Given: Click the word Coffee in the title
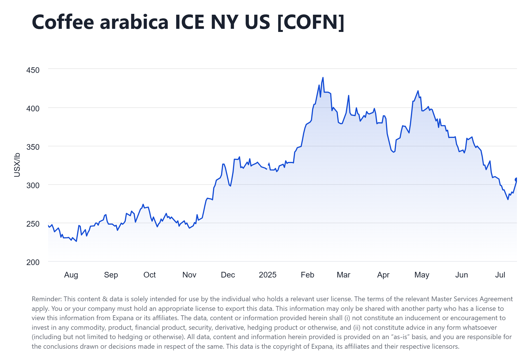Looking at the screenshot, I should [x=63, y=22].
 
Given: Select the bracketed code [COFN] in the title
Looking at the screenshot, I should [x=311, y=22].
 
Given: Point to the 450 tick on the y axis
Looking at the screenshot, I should [x=33, y=70].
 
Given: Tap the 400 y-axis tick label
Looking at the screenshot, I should [x=33, y=109].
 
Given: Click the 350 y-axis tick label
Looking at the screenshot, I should [x=33, y=147].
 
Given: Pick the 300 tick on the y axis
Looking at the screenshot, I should [x=33, y=185].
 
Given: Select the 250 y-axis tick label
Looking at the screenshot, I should [x=33, y=224].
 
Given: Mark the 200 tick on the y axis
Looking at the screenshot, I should [x=33, y=262].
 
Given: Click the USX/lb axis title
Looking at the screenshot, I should [x=17, y=165].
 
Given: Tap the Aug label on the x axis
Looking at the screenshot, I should [x=71, y=275].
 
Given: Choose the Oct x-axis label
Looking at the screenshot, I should [x=150, y=275].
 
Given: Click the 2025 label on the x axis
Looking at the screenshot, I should [x=268, y=275].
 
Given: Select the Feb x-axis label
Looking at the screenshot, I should [x=307, y=275].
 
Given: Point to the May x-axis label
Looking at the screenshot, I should [x=422, y=275].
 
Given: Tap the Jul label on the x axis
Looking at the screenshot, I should [x=500, y=275].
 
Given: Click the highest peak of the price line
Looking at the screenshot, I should [x=323, y=78].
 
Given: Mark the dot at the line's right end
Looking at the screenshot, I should [x=516, y=180].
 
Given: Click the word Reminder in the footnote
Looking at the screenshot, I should [x=46, y=299].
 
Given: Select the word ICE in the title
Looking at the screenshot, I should [x=189, y=22].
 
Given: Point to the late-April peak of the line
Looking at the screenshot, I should [x=418, y=91].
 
